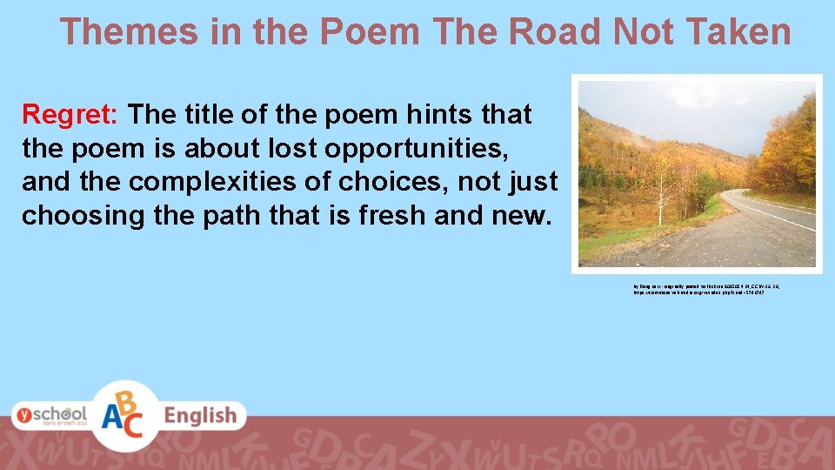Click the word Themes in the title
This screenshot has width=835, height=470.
[x=130, y=32]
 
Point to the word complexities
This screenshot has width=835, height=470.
[x=228, y=183]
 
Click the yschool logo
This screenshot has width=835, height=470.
[x=50, y=415]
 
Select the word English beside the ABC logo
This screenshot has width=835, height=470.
[x=201, y=416]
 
